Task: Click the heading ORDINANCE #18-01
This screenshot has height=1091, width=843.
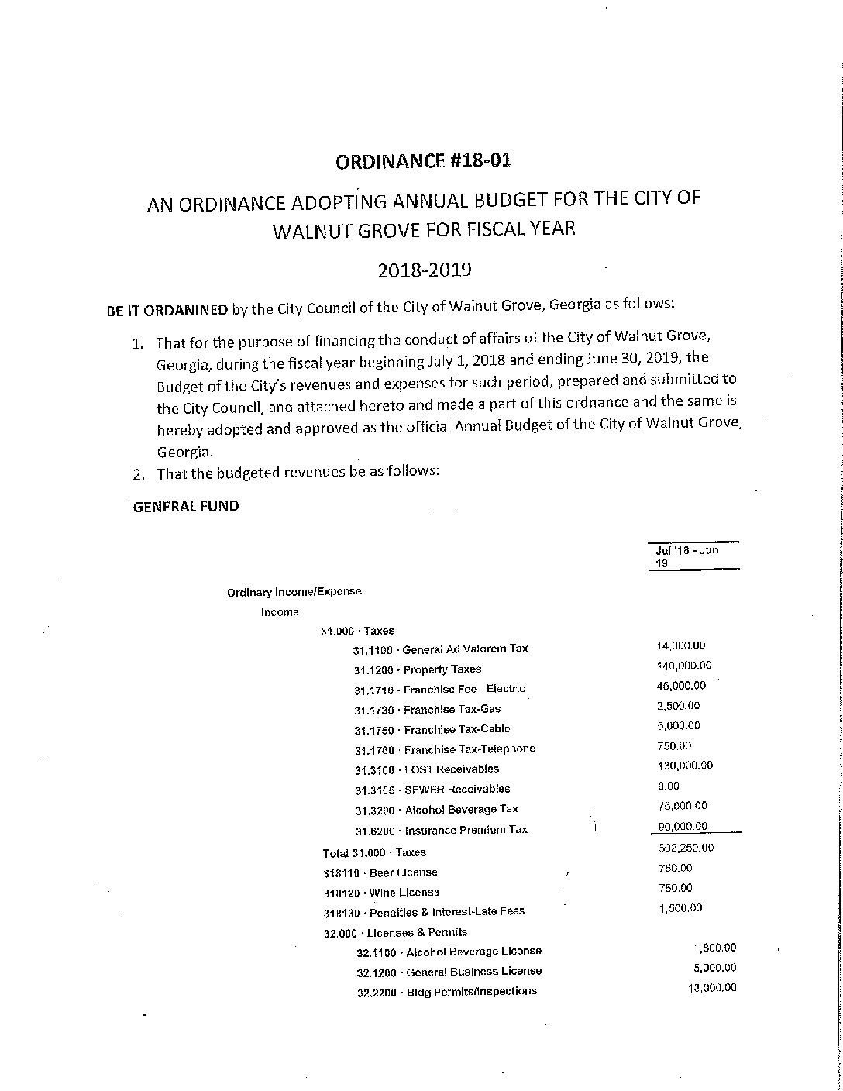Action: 423,161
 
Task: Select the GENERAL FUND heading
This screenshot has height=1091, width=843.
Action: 186,506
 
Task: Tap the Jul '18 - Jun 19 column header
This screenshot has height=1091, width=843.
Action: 686,556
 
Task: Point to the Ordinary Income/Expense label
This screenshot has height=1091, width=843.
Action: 294,592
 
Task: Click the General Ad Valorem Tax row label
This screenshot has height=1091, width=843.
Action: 441,649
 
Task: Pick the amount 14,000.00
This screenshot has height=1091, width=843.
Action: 680,645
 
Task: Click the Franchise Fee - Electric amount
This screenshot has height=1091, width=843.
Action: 680,686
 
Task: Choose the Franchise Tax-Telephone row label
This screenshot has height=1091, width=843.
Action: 445,749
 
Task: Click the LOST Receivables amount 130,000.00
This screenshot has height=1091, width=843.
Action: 684,766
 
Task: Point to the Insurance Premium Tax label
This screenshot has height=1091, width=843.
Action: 441,830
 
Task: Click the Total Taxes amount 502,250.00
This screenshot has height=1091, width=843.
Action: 685,848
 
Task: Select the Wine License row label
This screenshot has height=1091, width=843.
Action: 381,893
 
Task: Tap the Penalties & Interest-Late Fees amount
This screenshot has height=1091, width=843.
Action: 680,908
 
